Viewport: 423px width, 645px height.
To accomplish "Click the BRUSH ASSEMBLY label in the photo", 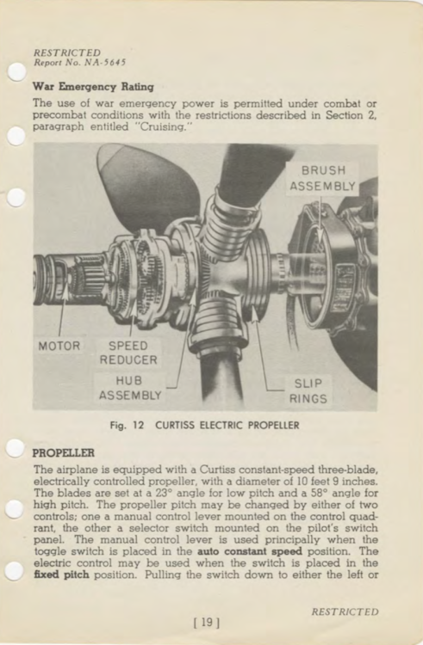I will pos(323,178).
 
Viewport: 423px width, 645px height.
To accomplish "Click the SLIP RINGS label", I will pos(308,391).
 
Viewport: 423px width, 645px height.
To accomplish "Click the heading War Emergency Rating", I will pos(92,87).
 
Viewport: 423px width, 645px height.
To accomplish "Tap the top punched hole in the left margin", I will pos(16,72).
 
